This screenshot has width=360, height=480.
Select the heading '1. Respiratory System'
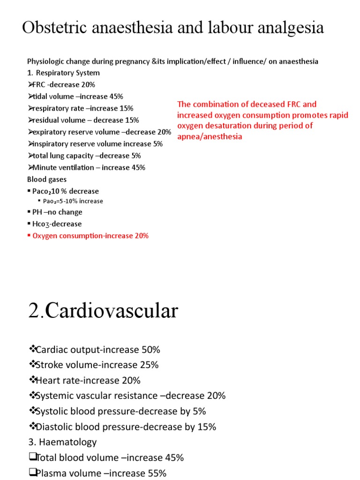tap(63, 73)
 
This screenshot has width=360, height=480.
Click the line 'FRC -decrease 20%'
tap(63, 84)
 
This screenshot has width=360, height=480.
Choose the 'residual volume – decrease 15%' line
tap(85, 120)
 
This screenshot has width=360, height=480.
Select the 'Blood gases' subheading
tap(47, 179)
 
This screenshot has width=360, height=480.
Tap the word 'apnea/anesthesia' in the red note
tap(210, 136)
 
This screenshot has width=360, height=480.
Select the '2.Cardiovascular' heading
tap(103, 311)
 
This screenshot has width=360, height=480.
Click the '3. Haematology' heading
tap(63, 442)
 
